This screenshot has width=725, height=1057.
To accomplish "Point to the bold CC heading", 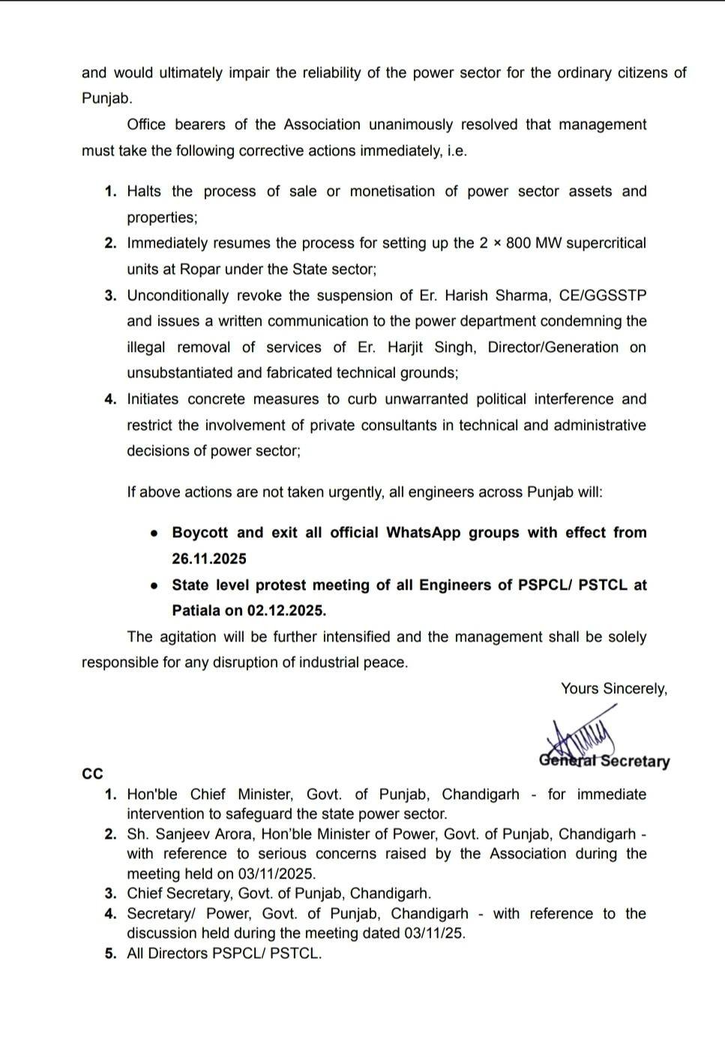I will point(92,774).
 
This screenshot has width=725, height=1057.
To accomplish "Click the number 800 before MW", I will point(518,243).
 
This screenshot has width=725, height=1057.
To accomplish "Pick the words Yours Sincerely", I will point(613,689).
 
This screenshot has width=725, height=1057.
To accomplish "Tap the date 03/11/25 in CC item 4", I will point(434,933).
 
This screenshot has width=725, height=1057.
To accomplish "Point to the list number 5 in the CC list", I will point(110,954).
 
